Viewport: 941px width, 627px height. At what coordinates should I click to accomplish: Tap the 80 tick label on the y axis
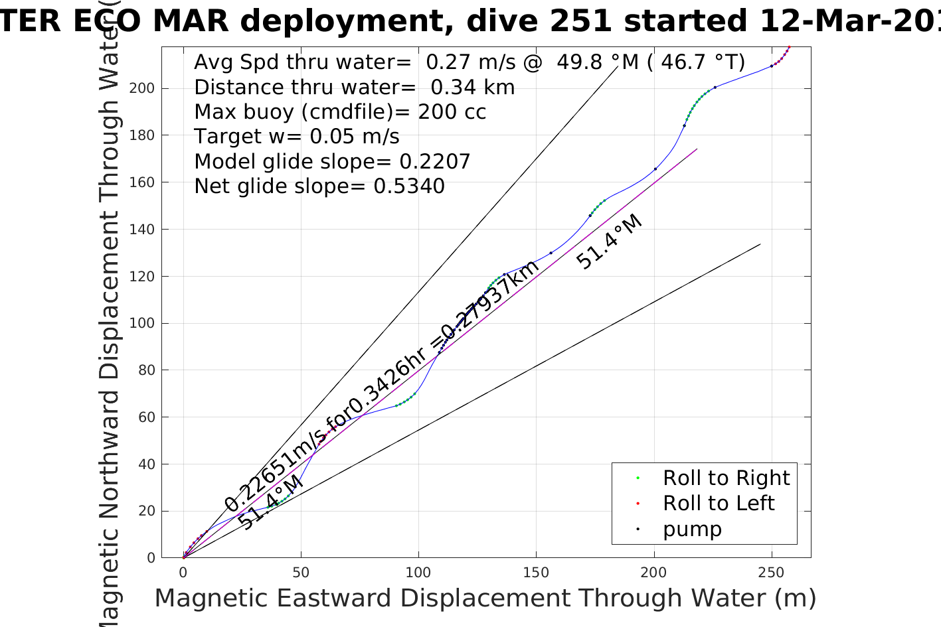click(x=147, y=370)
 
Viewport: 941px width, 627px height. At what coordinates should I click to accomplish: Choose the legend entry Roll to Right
click(x=726, y=478)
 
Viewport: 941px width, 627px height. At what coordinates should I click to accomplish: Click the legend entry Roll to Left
click(x=719, y=504)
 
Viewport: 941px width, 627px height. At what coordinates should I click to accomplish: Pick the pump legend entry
click(x=692, y=529)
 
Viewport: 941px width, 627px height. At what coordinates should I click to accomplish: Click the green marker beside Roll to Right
click(x=638, y=478)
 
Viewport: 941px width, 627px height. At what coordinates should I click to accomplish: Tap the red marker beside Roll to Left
click(x=638, y=504)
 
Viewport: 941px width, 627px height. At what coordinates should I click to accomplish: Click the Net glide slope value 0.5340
click(x=409, y=186)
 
